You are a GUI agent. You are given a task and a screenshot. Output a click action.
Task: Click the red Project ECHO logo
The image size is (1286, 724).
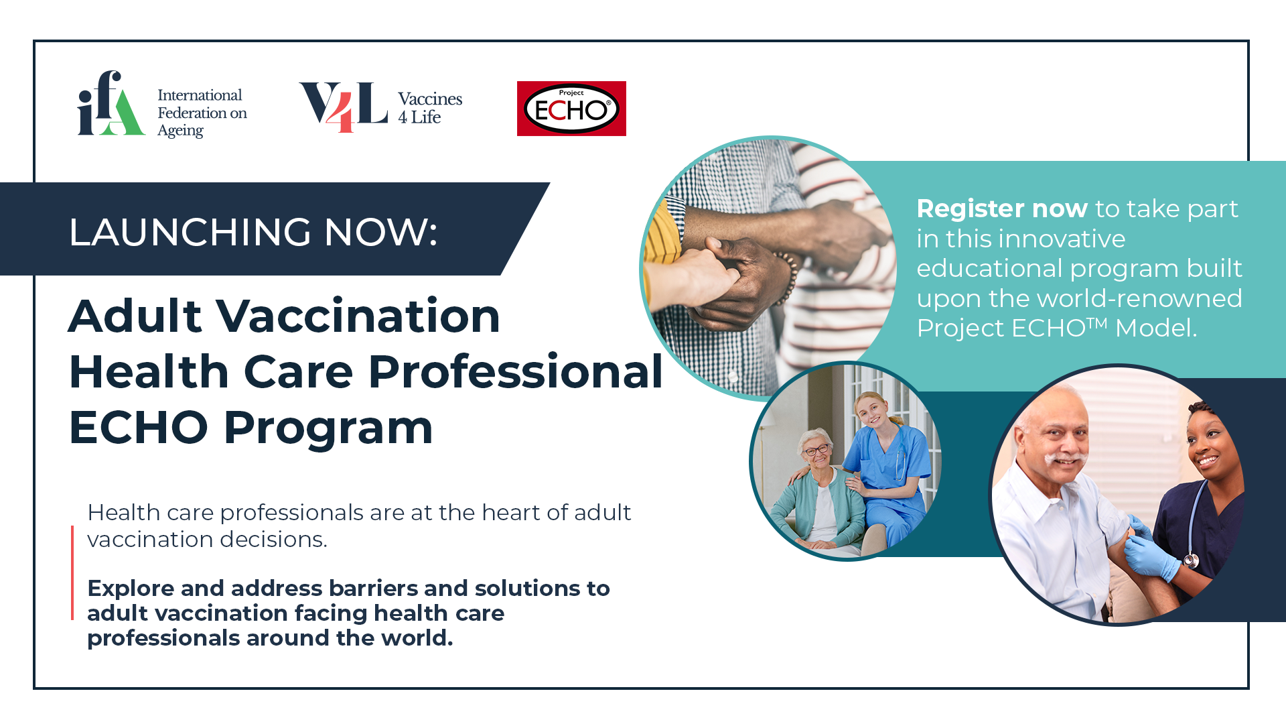[x=571, y=109]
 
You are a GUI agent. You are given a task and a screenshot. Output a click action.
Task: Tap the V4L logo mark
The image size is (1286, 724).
[x=344, y=107]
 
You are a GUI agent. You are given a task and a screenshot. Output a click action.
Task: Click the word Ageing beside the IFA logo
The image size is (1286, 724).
[x=180, y=131]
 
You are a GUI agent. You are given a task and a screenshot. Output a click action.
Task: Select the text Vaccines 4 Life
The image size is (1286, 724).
[x=430, y=108]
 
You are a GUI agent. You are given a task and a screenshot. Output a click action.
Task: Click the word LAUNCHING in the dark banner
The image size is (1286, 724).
[x=190, y=232]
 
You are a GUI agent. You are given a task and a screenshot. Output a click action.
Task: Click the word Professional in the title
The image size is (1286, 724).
[x=516, y=372]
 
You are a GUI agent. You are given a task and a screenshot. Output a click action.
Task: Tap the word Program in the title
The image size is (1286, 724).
[x=328, y=429]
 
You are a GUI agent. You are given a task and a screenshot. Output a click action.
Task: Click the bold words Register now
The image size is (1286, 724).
[x=1002, y=208]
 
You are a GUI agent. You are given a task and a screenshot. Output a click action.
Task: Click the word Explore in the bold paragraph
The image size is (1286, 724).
[x=131, y=589]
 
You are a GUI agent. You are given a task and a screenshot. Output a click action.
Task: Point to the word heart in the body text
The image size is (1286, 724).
[x=511, y=513]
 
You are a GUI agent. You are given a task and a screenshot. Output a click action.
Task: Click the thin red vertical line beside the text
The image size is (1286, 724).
[x=72, y=572]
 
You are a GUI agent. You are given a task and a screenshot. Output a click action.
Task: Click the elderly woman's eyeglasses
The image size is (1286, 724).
[x=816, y=450]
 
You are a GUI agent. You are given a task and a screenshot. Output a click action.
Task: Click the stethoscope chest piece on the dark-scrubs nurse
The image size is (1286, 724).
[x=1190, y=560]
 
